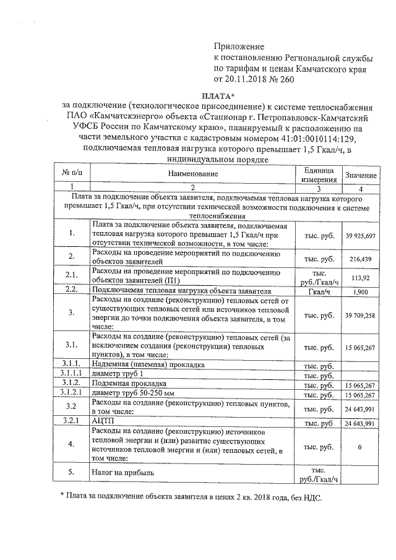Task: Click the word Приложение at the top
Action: coord(239,46)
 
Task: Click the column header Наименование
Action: coord(192,175)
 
